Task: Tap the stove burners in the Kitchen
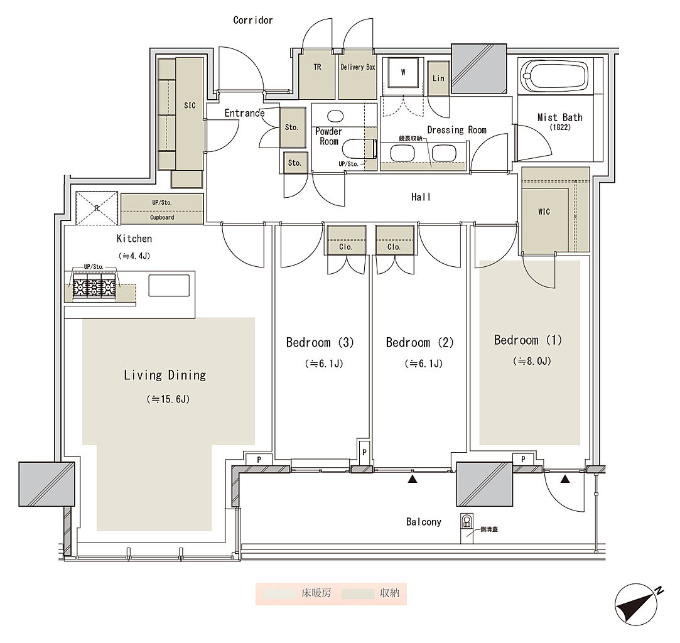coord(95,286)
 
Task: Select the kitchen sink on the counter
coord(169,285)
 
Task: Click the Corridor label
coord(253,20)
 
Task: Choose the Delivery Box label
coord(358,67)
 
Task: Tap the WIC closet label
coord(544,212)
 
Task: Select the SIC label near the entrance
coord(190,105)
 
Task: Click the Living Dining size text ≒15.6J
coord(168,399)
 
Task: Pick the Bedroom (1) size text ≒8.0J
coord(532,360)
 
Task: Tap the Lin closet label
coord(438,78)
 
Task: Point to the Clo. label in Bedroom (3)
coord(345,247)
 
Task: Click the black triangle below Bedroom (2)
coord(413,478)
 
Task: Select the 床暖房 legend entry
coord(316,593)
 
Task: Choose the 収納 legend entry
coord(389,593)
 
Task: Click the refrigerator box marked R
coord(97,208)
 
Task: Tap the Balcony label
coord(424,522)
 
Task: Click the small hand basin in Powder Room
coord(335,116)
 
